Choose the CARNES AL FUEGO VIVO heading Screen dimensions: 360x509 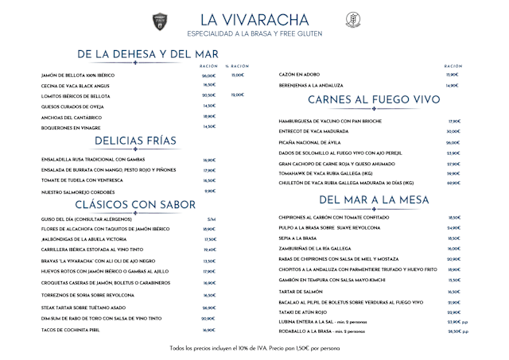click(x=363, y=100)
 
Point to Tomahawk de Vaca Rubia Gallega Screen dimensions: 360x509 click(x=326, y=173)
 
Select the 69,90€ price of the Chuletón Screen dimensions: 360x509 click(x=454, y=184)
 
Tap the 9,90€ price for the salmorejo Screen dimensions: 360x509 click(x=210, y=192)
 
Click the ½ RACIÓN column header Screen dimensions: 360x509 click(x=238, y=66)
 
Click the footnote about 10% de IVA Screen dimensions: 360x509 click(x=254, y=348)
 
